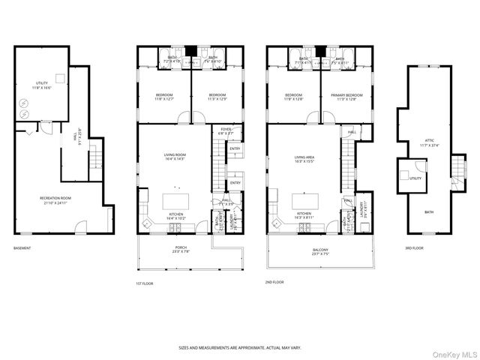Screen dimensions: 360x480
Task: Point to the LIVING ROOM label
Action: point(175,157)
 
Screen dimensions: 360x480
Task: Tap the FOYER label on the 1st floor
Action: point(225,131)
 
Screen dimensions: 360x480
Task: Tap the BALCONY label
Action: point(320,251)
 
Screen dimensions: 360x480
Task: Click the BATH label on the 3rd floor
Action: point(428,212)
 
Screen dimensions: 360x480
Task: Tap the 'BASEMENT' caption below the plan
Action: point(22,247)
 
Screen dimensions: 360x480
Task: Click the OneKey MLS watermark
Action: point(451,352)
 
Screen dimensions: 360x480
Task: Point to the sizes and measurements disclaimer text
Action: point(239,348)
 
